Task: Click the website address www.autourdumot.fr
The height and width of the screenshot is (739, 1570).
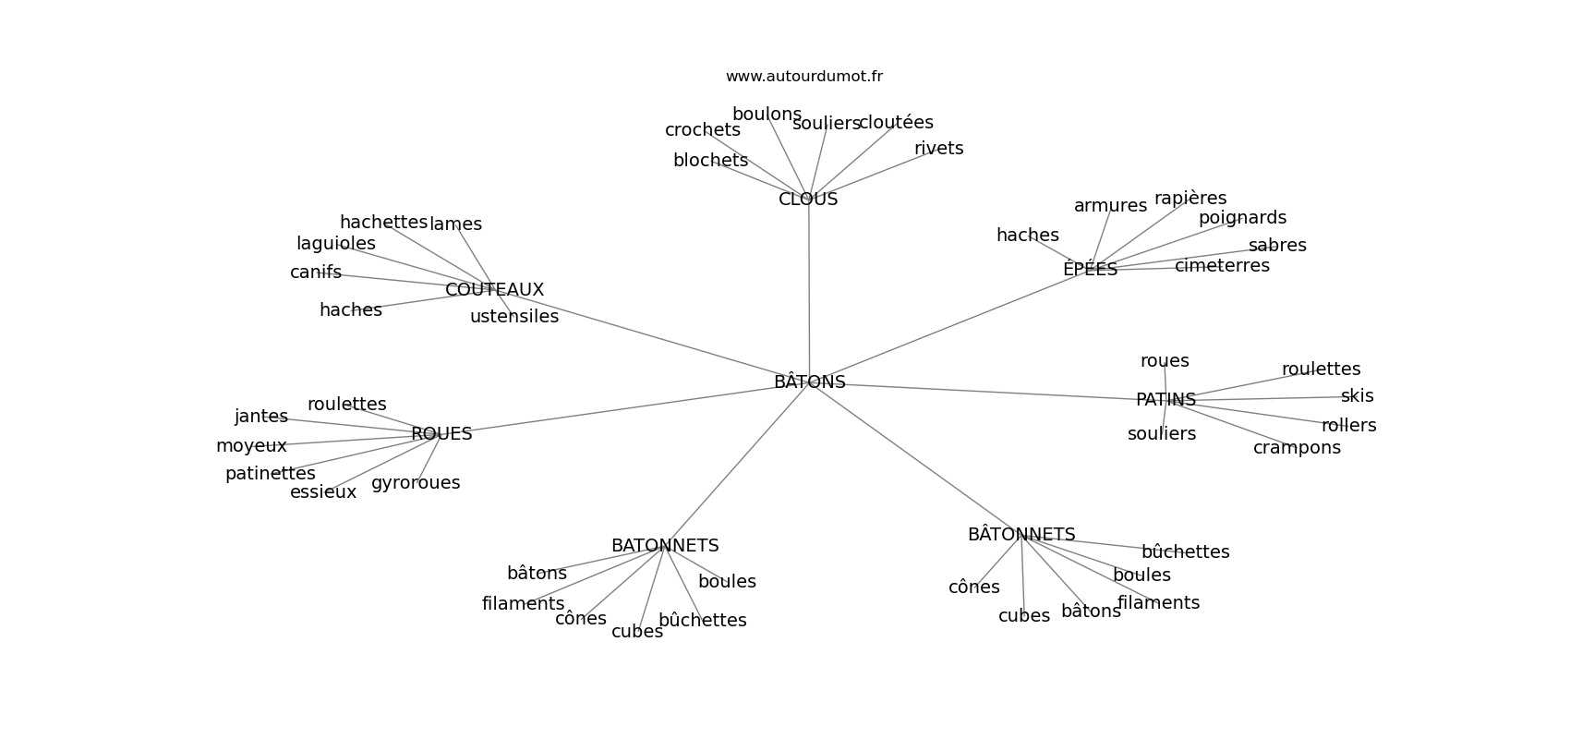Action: [803, 77]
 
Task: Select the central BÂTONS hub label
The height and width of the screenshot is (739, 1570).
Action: [809, 382]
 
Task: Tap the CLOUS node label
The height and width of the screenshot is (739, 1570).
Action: [808, 199]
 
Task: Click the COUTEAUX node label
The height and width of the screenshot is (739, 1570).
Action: [494, 289]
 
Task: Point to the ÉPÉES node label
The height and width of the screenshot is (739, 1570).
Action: [1090, 269]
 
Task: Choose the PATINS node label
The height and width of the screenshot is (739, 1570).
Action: [1165, 399]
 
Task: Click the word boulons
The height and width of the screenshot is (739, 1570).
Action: [767, 115]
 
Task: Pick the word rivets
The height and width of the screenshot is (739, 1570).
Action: [938, 149]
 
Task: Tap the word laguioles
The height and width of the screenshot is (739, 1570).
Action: [336, 243]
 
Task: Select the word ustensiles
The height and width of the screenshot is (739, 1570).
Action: [514, 316]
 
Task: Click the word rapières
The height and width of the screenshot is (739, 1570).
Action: [1190, 198]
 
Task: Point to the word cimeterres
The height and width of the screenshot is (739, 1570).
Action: [1222, 265]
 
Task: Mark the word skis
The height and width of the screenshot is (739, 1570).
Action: [1357, 395]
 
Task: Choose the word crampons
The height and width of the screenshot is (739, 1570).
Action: [1297, 447]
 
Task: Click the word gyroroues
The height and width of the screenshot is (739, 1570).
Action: [416, 482]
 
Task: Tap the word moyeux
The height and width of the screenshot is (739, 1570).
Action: [251, 446]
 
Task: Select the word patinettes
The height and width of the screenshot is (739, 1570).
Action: [271, 474]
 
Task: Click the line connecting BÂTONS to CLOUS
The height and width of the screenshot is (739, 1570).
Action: [809, 286]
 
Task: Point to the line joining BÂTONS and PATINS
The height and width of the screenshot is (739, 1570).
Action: [988, 391]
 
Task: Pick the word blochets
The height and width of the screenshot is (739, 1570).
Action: [710, 160]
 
